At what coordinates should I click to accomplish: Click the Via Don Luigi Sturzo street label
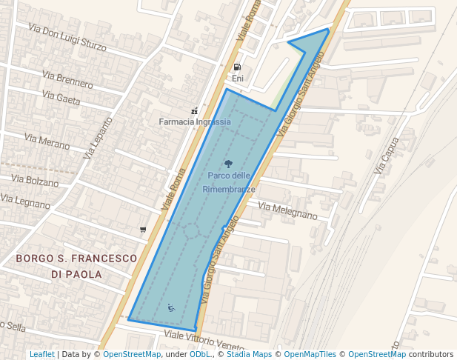click(67, 37)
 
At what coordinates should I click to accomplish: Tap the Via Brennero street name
click(67, 79)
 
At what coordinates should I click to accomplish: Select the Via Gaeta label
click(61, 98)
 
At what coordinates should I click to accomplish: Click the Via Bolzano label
click(35, 181)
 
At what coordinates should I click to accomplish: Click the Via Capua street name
click(387, 156)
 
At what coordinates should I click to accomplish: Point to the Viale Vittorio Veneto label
click(204, 340)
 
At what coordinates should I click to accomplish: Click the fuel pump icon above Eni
click(237, 67)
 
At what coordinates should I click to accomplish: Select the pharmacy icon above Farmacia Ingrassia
click(194, 111)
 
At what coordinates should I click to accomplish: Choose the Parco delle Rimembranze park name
click(229, 182)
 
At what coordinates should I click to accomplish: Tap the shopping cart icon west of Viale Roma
click(143, 230)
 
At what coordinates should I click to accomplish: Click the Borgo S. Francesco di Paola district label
click(76, 266)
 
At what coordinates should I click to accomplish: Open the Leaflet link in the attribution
click(41, 355)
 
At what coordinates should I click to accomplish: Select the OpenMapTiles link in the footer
click(310, 355)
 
